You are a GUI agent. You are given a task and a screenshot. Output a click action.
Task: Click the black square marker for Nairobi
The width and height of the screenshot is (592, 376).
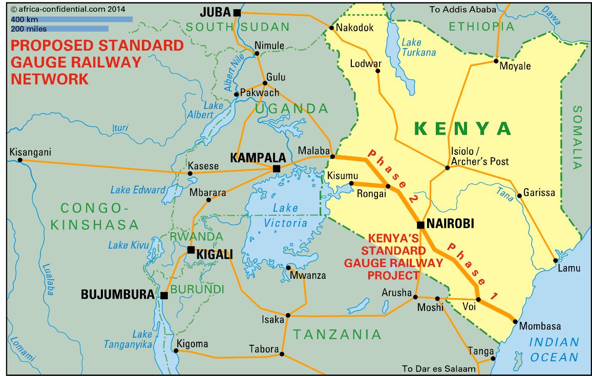coord(420,225)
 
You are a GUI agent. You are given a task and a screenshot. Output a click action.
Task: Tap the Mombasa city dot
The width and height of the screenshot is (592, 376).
coord(514,321)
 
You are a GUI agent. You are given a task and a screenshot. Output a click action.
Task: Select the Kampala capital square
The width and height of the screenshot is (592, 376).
coord(277,168)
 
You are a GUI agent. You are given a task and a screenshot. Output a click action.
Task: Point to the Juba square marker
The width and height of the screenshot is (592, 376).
coord(236,12)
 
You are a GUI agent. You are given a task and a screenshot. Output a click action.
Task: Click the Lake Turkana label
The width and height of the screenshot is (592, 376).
coord(418,47)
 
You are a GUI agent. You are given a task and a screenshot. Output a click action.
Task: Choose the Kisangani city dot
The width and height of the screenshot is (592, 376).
coord(20,160)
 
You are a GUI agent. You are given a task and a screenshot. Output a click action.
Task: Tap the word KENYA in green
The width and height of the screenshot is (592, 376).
coord(463,128)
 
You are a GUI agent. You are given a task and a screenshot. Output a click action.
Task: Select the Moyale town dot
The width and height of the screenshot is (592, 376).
coord(496,61)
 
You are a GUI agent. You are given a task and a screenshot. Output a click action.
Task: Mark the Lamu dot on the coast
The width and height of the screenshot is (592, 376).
coord(555,261)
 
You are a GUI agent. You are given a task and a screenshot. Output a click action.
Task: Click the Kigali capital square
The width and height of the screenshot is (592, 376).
coord(191,250)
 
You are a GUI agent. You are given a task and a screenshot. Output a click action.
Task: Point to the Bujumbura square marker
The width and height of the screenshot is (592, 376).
coord(164,295)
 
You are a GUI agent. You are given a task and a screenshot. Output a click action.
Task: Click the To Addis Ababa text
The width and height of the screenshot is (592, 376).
coord(462,9)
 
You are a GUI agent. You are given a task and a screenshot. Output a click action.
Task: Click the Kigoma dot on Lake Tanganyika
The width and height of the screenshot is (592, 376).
coord(176,350)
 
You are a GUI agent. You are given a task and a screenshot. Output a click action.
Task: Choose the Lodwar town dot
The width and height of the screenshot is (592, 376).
coord(378,72)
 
